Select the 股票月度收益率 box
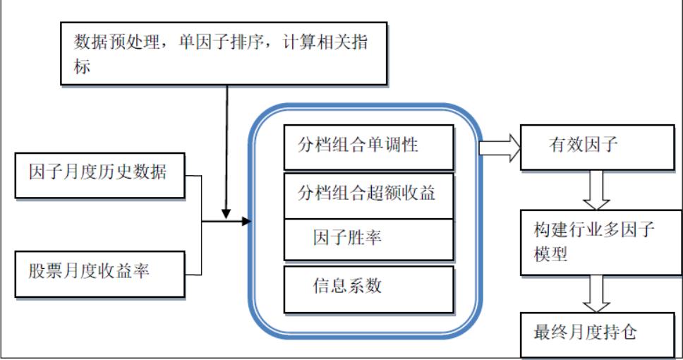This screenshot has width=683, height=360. pyautogui.click(x=99, y=272)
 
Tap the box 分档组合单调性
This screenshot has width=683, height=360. pyautogui.click(x=368, y=147)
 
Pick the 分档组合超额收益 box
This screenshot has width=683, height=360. pyautogui.click(x=368, y=194)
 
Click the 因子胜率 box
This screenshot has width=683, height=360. pyautogui.click(x=368, y=239)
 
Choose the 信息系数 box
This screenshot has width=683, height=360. pyautogui.click(x=368, y=288)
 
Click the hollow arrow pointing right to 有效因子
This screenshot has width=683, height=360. pyautogui.click(x=500, y=148)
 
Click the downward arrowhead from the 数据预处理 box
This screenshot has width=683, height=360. pyautogui.click(x=226, y=212)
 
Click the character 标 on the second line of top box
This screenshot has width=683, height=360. pyautogui.click(x=83, y=68)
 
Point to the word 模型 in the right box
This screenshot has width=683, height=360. pyautogui.click(x=551, y=255)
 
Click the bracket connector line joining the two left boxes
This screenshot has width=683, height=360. pyautogui.click(x=203, y=224)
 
